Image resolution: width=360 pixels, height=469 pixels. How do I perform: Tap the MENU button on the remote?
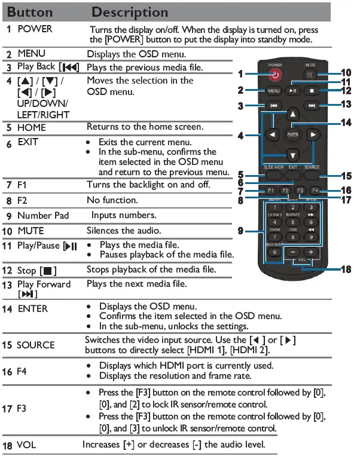click(273, 91)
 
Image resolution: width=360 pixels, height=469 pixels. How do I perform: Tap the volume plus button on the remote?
click(312, 252)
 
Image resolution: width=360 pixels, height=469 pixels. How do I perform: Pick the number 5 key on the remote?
click(292, 222)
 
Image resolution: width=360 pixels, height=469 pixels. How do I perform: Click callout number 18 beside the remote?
click(346, 269)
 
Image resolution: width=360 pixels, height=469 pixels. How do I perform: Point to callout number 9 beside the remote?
click(240, 229)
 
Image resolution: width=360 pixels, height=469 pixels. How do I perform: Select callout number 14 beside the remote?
click(346, 122)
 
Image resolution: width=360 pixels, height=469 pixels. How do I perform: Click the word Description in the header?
click(130, 12)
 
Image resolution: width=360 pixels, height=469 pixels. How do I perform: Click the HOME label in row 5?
click(32, 127)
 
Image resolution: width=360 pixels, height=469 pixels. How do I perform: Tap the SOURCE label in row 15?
click(35, 345)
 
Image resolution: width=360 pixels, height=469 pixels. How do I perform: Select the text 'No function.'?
click(112, 200)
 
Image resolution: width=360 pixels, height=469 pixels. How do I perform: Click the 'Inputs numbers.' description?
click(123, 215)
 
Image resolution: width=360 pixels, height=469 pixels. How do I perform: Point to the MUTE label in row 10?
click(30, 231)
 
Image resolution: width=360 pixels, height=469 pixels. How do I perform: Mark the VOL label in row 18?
click(26, 445)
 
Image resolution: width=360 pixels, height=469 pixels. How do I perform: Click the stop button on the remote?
click(311, 91)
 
